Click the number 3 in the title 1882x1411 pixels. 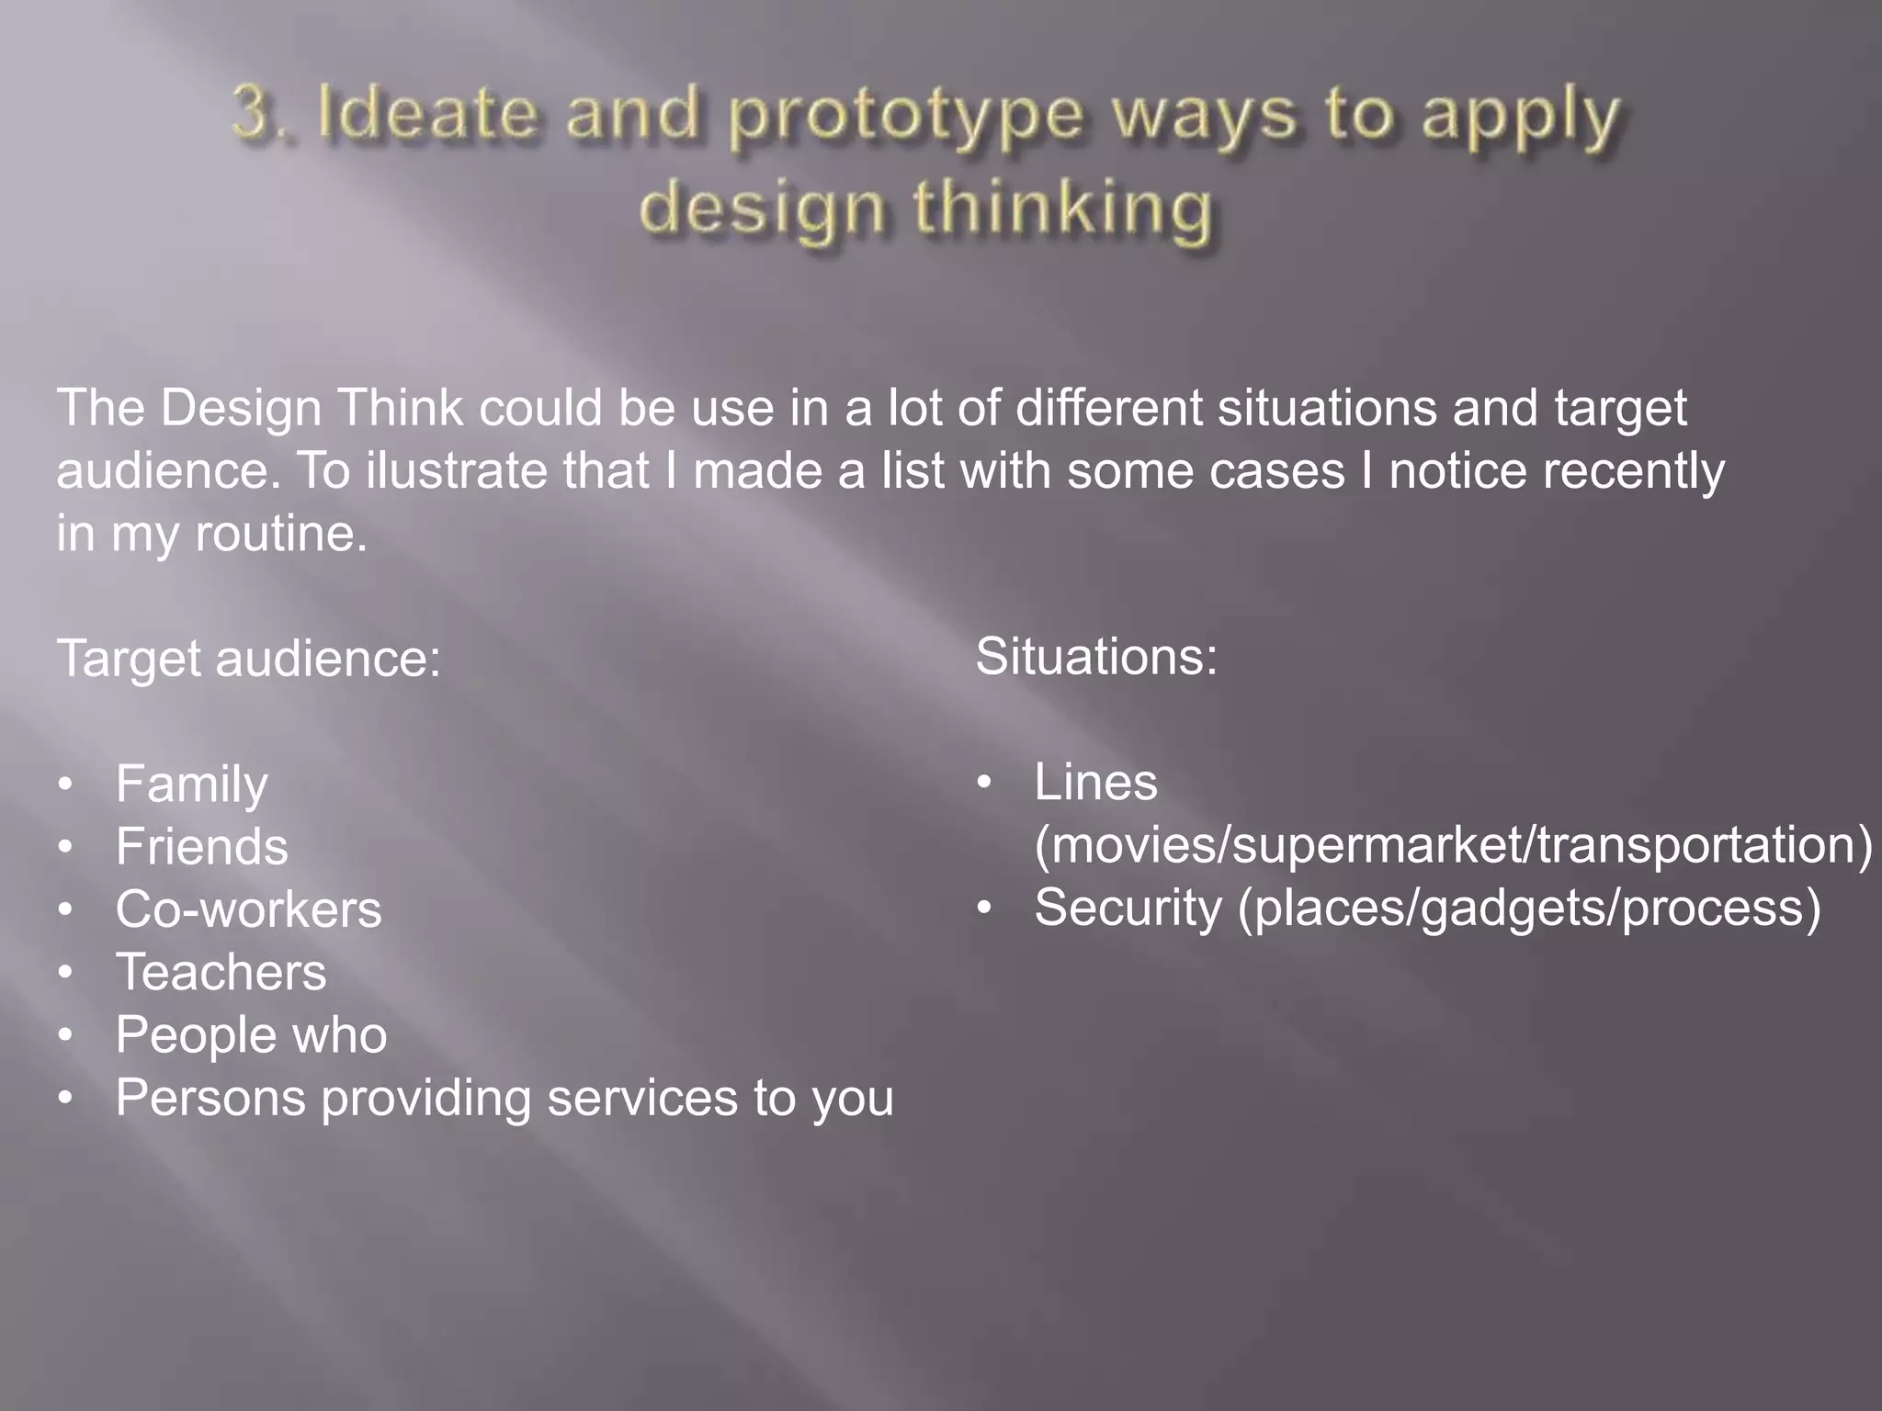point(252,114)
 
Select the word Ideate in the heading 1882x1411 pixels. point(425,114)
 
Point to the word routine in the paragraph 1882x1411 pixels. point(280,534)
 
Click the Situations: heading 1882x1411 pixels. point(1096,657)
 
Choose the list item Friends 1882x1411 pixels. point(201,847)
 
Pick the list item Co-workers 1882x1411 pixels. point(248,910)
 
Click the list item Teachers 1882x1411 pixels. point(221,973)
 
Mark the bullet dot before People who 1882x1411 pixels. point(64,1036)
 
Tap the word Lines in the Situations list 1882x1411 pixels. point(1095,783)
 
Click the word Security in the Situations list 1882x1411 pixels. point(1128,909)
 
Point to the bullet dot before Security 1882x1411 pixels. point(984,909)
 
